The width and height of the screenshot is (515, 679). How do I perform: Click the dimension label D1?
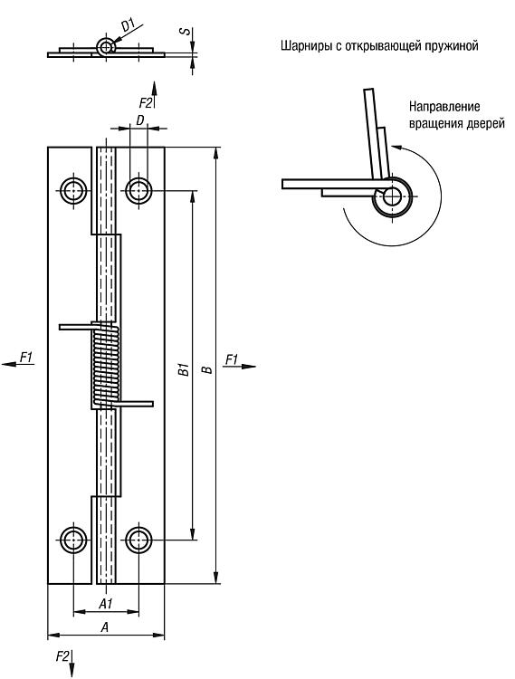pyautogui.click(x=129, y=24)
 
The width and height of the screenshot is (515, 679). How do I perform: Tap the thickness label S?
pyautogui.click(x=186, y=32)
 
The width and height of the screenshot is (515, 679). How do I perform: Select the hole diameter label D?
pyautogui.click(x=139, y=120)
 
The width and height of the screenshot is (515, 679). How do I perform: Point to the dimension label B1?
pyautogui.click(x=185, y=369)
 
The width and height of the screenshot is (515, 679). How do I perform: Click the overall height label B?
pyautogui.click(x=208, y=369)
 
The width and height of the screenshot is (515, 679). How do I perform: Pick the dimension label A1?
pyautogui.click(x=106, y=604)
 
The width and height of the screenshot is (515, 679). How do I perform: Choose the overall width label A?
pyautogui.click(x=104, y=626)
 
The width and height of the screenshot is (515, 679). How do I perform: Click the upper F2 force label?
pyautogui.click(x=146, y=102)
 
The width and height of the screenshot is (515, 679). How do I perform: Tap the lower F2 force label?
pyautogui.click(x=62, y=656)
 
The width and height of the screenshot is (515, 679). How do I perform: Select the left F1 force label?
pyautogui.click(x=27, y=357)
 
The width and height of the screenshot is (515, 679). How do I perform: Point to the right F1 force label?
pyautogui.click(x=233, y=359)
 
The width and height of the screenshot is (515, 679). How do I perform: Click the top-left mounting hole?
pyautogui.click(x=73, y=190)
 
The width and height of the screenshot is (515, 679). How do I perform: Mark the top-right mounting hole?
pyautogui.click(x=138, y=190)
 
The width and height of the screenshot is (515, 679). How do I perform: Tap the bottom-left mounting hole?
pyautogui.click(x=73, y=540)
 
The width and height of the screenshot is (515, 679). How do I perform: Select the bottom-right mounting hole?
pyautogui.click(x=138, y=540)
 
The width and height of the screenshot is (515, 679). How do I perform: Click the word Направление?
pyautogui.click(x=444, y=107)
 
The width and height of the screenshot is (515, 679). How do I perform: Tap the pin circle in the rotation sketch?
pyautogui.click(x=392, y=196)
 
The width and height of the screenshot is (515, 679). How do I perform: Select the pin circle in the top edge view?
pyautogui.click(x=105, y=47)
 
